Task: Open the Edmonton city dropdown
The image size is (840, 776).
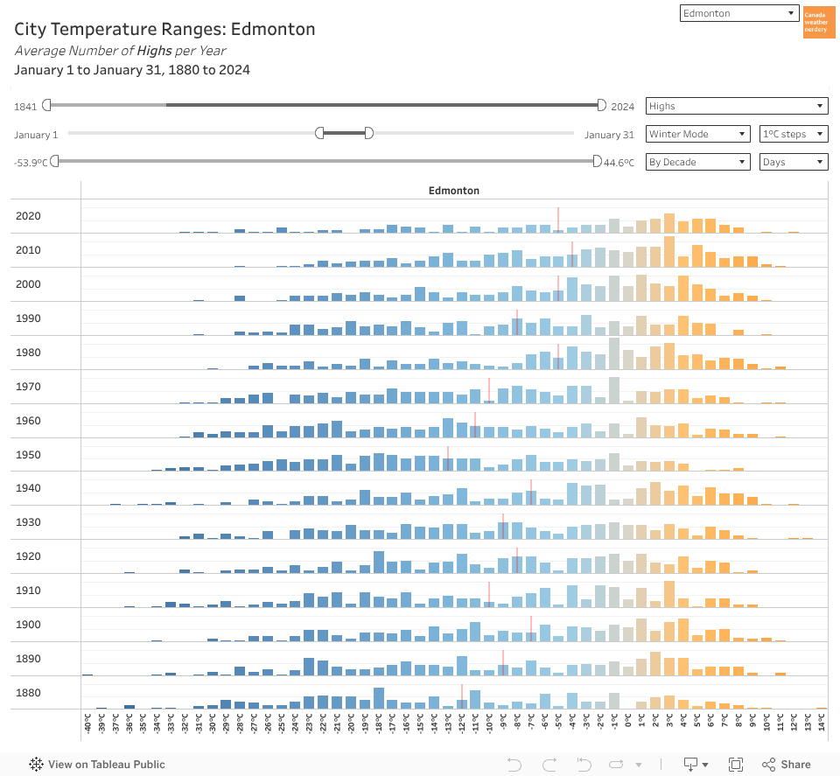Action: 738,13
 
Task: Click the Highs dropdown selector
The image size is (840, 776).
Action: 736,106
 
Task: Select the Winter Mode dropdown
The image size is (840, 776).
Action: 697,134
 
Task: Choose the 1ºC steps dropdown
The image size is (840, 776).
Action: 793,134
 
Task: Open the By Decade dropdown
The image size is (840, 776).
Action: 697,162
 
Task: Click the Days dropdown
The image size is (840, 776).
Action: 793,162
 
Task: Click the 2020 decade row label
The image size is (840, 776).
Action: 28,216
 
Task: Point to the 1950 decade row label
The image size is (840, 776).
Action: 28,455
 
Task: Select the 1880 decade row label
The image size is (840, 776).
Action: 28,693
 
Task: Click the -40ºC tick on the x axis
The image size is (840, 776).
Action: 87,723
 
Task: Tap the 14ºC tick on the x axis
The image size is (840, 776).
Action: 821,723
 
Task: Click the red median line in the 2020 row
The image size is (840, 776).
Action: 558,219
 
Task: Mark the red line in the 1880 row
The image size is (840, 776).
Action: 462,696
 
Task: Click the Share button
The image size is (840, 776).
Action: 786,764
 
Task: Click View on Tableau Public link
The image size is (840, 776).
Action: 97,764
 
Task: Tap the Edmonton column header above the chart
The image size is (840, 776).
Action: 453,190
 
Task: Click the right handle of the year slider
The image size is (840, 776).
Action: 601,105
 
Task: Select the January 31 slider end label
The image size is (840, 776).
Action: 609,135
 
